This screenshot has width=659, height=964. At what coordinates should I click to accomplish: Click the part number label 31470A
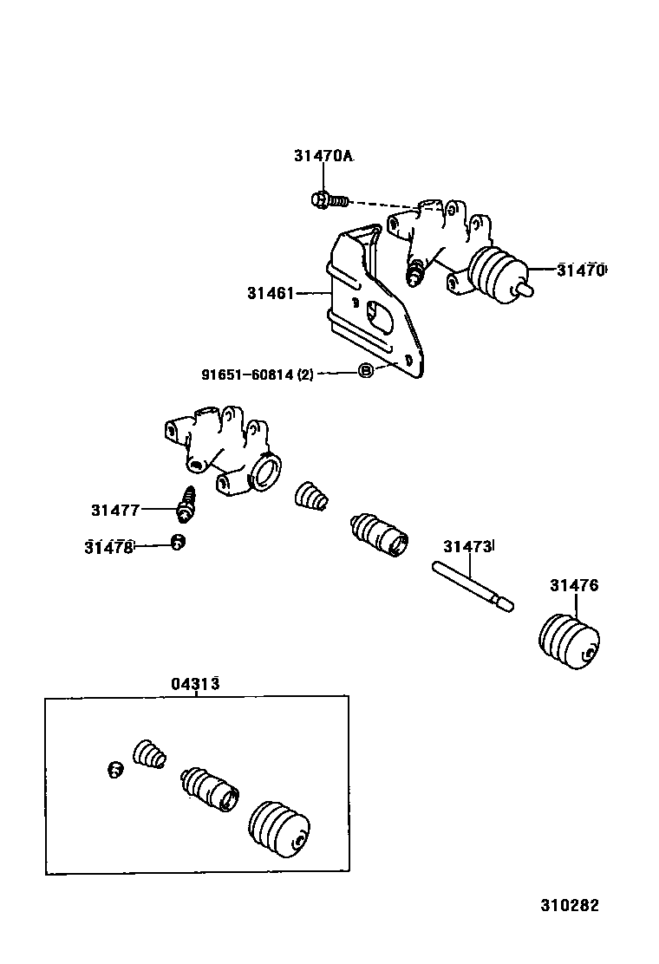click(323, 156)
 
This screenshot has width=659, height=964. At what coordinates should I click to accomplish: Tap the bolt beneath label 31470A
click(328, 200)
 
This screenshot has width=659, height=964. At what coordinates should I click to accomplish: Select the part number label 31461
click(271, 294)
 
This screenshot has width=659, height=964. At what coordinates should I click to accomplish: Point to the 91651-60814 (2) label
click(258, 375)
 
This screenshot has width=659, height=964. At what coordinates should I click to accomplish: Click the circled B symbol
click(366, 371)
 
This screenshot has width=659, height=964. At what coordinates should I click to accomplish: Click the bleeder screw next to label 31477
click(187, 505)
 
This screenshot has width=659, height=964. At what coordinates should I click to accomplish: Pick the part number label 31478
click(109, 547)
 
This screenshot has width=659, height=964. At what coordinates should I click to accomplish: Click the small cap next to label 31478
click(177, 544)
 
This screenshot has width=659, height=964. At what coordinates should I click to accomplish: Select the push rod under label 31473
click(473, 584)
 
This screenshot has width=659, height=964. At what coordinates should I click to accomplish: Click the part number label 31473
click(467, 547)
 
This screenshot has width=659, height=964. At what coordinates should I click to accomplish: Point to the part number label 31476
click(573, 586)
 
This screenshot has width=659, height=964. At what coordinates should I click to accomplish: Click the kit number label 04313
click(194, 684)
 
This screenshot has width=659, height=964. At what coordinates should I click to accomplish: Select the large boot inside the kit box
click(279, 827)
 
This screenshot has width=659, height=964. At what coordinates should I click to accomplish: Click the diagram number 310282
click(570, 905)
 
